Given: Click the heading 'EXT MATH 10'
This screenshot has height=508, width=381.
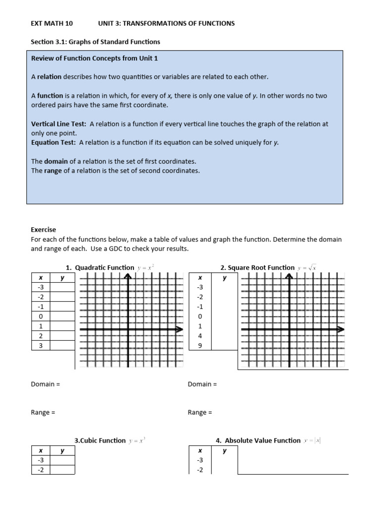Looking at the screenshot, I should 48,23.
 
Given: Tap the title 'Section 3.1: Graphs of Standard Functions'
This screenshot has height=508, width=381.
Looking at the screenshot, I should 95,42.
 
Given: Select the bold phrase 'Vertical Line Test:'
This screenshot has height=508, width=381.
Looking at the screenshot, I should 59,124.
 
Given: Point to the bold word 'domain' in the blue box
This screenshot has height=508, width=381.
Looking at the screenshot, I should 56,161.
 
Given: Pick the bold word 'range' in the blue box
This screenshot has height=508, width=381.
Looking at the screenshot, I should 53,170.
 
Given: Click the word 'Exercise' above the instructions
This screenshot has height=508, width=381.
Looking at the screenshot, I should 44,230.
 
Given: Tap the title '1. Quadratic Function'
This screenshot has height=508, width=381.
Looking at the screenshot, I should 100,267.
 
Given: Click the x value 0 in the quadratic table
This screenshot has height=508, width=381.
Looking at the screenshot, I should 41,317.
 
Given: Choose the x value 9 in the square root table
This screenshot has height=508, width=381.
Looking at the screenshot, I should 200,346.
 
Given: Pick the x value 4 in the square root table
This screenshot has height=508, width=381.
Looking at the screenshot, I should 200,336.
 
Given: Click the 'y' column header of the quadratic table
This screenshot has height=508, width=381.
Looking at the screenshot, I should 63,278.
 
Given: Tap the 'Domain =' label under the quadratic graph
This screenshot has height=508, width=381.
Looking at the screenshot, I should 45,384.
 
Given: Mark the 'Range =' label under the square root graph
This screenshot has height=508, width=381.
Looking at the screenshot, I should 200,412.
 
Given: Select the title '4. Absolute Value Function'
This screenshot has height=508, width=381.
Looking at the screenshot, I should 258,441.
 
